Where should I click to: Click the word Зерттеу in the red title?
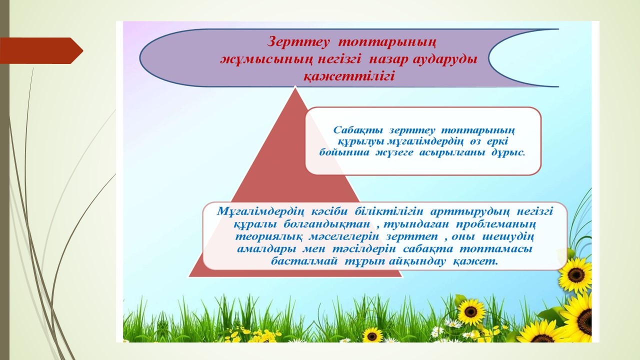coord(298,42)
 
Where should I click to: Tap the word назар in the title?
coord(392,59)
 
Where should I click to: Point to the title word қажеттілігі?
coord(348,77)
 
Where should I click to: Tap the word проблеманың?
coord(495,225)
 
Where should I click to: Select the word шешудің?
coord(508,237)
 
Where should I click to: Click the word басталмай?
coord(304,261)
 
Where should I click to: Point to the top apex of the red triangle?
coord(295,87)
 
